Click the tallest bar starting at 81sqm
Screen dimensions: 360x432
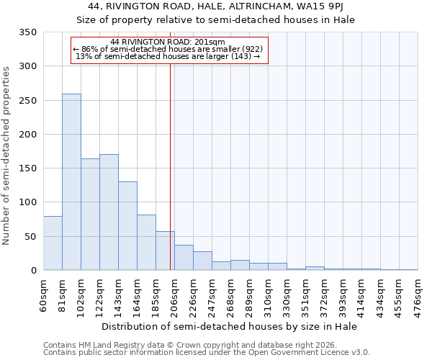[71, 182]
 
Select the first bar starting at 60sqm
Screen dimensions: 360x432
[53, 243]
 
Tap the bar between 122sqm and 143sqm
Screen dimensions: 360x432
[109, 212]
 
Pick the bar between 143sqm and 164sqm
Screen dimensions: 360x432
[127, 226]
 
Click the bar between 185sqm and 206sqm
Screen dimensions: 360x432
[165, 251]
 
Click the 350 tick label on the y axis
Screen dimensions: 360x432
[27, 32]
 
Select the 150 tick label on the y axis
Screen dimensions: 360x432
[27, 168]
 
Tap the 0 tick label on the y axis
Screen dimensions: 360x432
[33, 271]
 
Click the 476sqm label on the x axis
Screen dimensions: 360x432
[418, 294]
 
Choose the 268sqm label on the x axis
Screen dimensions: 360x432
[231, 294]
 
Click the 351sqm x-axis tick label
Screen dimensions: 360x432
[306, 294]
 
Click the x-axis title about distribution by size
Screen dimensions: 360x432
[230, 326]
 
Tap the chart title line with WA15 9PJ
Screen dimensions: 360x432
[215, 6]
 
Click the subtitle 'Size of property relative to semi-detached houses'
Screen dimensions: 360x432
[215, 19]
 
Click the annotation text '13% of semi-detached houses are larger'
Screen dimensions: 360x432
[168, 56]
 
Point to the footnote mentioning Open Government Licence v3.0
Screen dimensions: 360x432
[207, 353]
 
